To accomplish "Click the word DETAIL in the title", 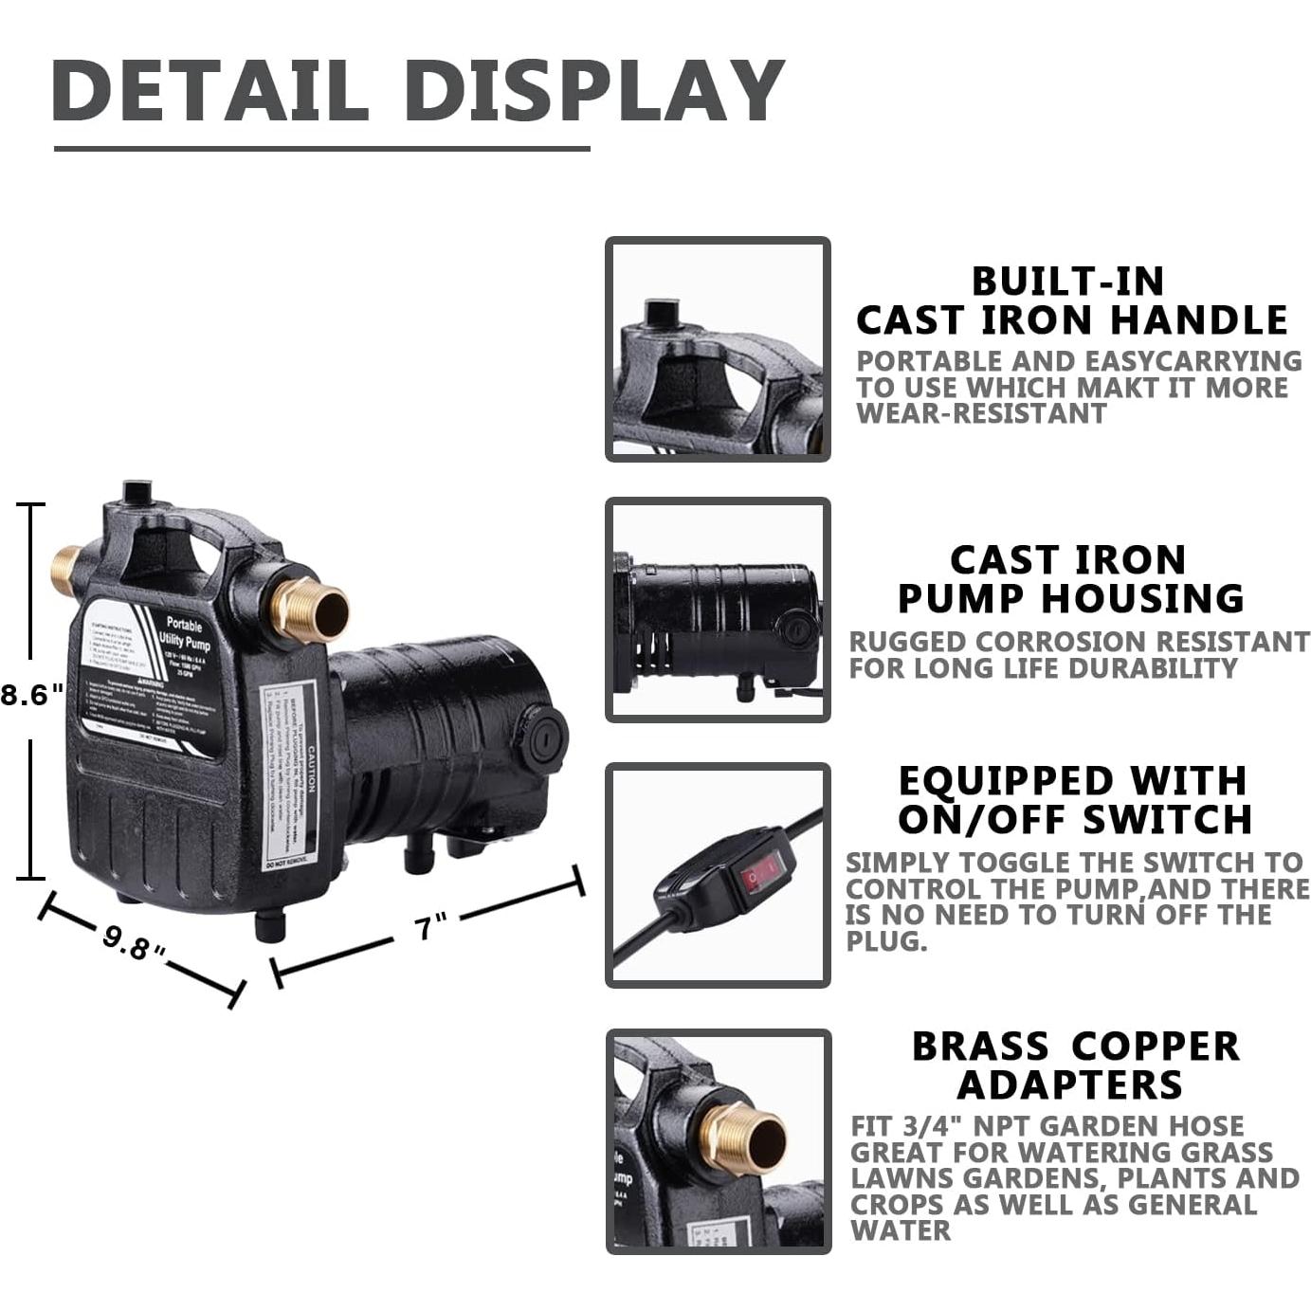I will [x=210, y=90].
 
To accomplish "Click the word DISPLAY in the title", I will [x=594, y=90].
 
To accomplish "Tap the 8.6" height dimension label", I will [x=32, y=695].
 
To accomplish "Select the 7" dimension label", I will [x=430, y=927].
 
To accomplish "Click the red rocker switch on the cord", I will [x=763, y=873].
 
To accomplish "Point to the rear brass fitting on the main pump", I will [x=64, y=569].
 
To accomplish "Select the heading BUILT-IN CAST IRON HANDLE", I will [x=1071, y=300].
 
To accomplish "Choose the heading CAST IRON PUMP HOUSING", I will [x=1070, y=579].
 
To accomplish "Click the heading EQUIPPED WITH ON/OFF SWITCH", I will [x=1074, y=800].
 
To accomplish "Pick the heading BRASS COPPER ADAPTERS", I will [x=1075, y=1065].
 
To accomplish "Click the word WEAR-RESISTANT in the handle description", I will [x=981, y=413].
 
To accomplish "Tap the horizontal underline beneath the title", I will [x=322, y=149].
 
